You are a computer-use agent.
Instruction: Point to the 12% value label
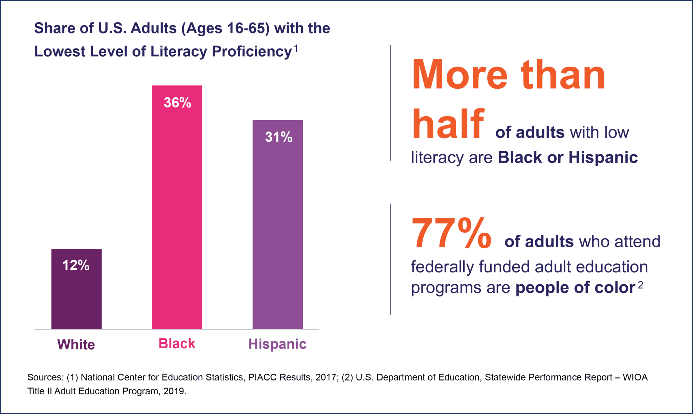click(76, 265)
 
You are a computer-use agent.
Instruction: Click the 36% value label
click(177, 103)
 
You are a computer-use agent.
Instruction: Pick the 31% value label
click(278, 137)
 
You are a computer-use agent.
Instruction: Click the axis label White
click(76, 345)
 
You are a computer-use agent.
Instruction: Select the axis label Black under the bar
click(177, 344)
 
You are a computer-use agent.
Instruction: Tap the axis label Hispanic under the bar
click(277, 344)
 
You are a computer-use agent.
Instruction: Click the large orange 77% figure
click(451, 234)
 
